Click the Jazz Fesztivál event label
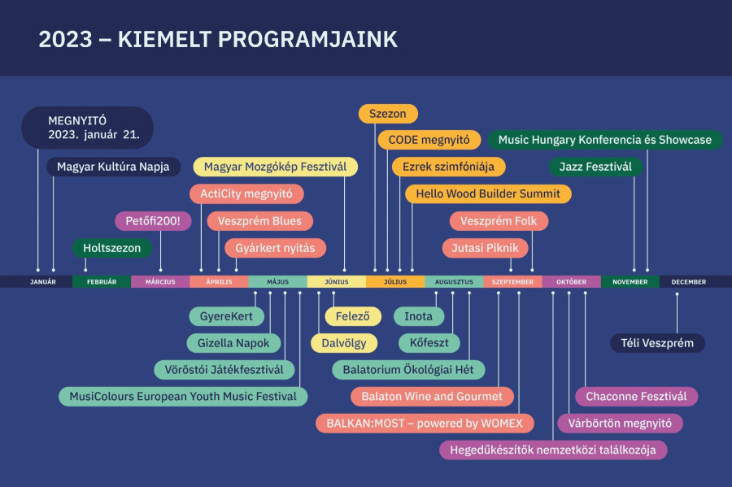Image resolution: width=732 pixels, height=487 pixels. click(595, 167)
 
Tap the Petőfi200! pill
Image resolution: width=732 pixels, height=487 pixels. click(153, 221)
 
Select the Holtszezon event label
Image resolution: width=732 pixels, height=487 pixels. click(111, 248)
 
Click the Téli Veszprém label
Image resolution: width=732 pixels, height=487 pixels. click(657, 343)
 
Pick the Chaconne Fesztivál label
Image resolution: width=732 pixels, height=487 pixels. click(636, 397)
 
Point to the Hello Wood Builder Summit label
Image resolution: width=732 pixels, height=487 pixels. click(488, 194)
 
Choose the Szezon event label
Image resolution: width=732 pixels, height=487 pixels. click(388, 114)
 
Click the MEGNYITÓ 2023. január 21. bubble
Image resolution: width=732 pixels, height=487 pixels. click(88, 128)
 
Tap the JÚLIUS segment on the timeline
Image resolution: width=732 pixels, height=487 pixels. click(394, 282)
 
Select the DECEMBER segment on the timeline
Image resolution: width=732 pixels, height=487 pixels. click(689, 282)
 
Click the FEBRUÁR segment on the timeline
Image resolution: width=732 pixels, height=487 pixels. click(101, 282)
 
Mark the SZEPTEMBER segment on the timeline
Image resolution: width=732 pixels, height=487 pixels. click(512, 282)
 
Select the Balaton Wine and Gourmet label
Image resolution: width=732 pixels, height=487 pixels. click(432, 397)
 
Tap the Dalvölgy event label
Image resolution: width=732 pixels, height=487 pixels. click(344, 343)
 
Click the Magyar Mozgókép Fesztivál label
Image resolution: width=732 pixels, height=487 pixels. click(275, 167)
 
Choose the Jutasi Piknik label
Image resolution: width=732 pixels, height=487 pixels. click(486, 248)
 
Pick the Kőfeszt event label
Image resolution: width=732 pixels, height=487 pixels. click(429, 343)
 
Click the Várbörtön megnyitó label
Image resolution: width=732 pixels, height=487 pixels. click(620, 424)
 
